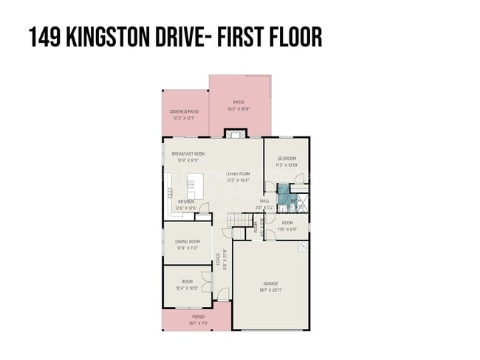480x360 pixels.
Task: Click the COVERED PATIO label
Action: pyautogui.click(x=184, y=112)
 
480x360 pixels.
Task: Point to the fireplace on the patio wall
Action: pyautogui.click(x=235, y=134)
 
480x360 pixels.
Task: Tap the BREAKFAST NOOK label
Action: pyautogui.click(x=188, y=153)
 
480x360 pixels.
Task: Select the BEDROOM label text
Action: pyautogui.click(x=287, y=159)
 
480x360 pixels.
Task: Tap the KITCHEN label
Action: pyautogui.click(x=186, y=201)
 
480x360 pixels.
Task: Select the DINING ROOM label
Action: pyautogui.click(x=188, y=241)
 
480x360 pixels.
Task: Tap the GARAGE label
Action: pyautogui.click(x=271, y=283)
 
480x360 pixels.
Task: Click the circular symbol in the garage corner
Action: pyautogui.click(x=302, y=248)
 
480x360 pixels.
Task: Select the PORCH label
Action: pyautogui.click(x=199, y=316)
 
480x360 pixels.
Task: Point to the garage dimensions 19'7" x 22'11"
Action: pyautogui.click(x=271, y=290)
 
